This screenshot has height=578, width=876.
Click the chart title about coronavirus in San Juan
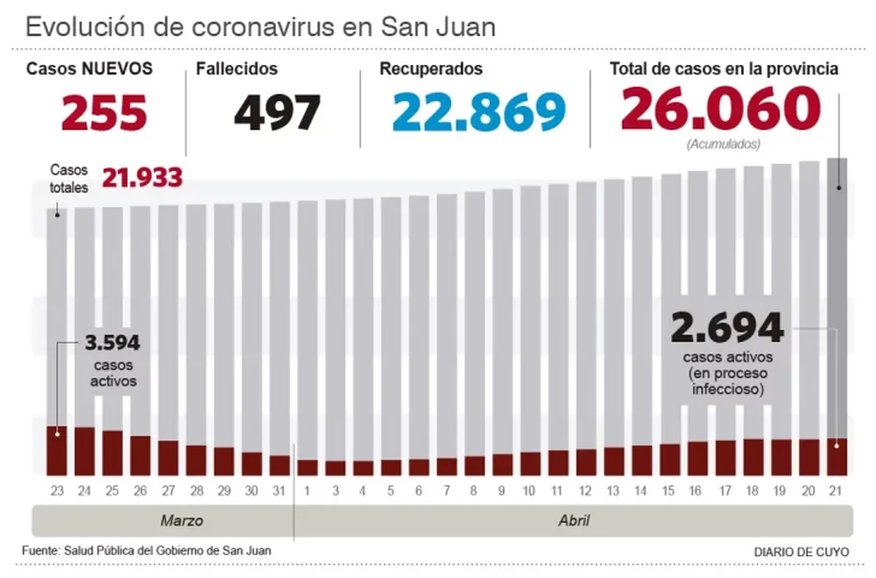click(x=260, y=26)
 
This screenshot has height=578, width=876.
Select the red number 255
click(x=103, y=111)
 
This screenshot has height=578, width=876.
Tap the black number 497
click(x=278, y=111)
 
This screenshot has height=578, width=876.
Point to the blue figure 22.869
click(x=478, y=111)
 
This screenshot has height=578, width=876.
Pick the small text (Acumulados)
click(x=723, y=143)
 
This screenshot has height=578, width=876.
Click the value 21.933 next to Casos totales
click(x=142, y=178)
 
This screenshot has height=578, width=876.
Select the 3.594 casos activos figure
click(x=112, y=343)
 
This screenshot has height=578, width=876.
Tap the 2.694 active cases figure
click(x=726, y=329)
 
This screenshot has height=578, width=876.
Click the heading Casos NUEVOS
click(x=89, y=69)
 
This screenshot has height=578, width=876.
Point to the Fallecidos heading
click(x=237, y=69)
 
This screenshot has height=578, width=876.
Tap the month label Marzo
click(x=182, y=521)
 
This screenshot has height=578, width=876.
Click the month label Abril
click(x=574, y=521)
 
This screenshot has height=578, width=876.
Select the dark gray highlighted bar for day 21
click(x=837, y=298)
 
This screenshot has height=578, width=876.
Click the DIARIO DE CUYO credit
click(x=802, y=552)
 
